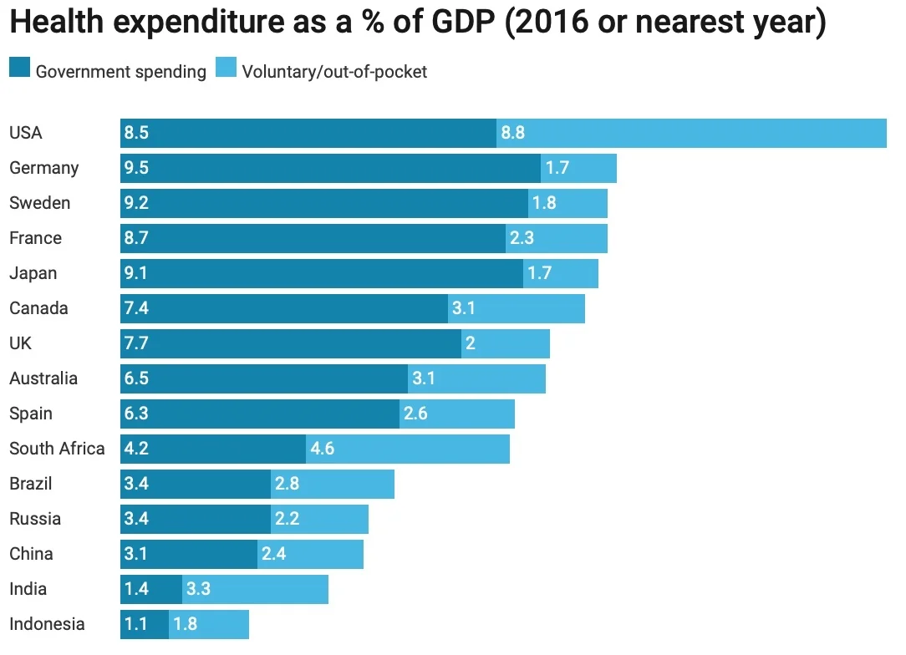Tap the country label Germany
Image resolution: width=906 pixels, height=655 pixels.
pyautogui.click(x=43, y=168)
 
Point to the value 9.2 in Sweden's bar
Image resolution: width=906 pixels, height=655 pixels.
pyautogui.click(x=136, y=203)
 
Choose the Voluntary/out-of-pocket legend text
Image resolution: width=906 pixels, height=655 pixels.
pyautogui.click(x=334, y=72)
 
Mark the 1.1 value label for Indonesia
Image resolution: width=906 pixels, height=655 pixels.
pyautogui.click(x=135, y=624)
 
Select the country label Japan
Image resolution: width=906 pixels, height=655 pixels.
pyautogui.click(x=33, y=273)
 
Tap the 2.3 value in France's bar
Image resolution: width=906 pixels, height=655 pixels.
pyautogui.click(x=522, y=238)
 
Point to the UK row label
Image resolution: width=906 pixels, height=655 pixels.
pyautogui.click(x=20, y=343)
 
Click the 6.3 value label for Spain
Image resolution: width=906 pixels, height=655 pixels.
pyautogui.click(x=136, y=414)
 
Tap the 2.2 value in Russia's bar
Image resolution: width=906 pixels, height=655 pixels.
pyautogui.click(x=287, y=519)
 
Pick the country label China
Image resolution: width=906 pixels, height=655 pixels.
pyautogui.click(x=31, y=554)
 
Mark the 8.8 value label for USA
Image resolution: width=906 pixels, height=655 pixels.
pyautogui.click(x=512, y=133)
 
